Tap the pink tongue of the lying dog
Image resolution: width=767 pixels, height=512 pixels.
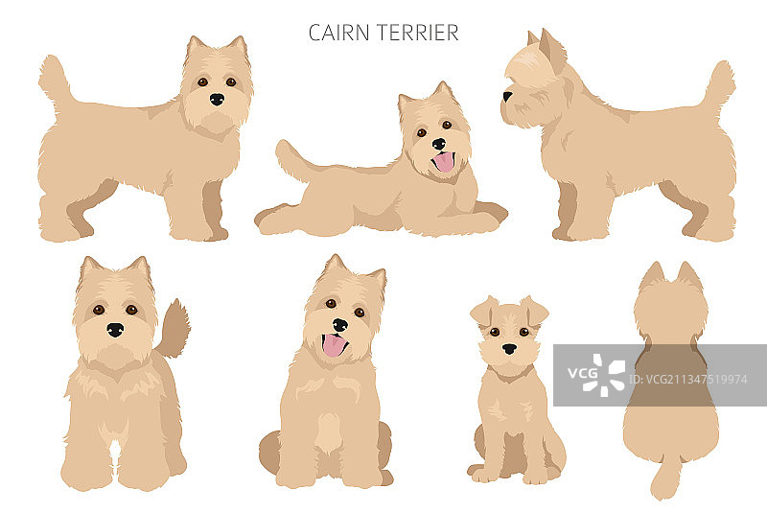click(x=444, y=162)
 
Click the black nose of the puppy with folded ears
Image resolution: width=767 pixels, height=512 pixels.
click(x=509, y=349)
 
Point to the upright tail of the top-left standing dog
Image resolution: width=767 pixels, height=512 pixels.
click(x=55, y=81)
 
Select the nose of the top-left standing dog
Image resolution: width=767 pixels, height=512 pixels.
click(x=217, y=100)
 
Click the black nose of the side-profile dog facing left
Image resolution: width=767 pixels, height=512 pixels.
click(x=507, y=96)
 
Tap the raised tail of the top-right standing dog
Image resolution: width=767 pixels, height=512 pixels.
click(x=718, y=84)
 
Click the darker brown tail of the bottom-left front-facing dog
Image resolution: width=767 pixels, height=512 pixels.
click(x=174, y=329)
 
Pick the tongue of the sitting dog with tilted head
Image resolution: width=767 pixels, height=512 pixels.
click(x=334, y=345)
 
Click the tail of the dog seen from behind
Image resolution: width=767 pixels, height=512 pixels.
click(x=666, y=477)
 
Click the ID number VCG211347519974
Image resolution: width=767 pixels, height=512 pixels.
click(x=688, y=380)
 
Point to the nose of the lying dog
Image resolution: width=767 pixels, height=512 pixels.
click(x=439, y=144)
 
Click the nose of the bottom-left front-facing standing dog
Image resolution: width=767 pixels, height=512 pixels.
click(x=115, y=330)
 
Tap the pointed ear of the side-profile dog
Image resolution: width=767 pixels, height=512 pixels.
click(x=553, y=50)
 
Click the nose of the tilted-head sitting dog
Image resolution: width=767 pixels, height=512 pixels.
click(x=340, y=325)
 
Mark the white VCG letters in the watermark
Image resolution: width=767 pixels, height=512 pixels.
click(x=583, y=373)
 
